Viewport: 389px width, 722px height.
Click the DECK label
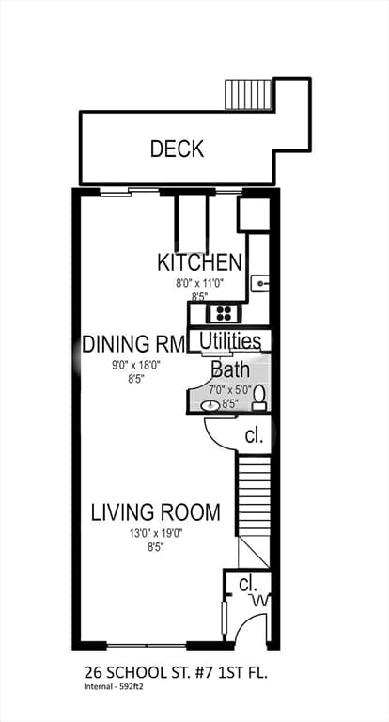click(178, 149)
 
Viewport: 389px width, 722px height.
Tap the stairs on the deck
click(248, 94)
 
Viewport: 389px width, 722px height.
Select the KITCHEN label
click(199, 262)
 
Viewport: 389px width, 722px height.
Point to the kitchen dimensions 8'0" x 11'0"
click(200, 283)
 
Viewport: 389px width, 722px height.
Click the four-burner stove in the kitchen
click(224, 314)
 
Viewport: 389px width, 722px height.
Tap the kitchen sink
click(259, 283)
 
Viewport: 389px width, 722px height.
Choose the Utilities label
click(230, 341)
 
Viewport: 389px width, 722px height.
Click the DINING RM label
click(133, 344)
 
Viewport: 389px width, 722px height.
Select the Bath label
click(230, 369)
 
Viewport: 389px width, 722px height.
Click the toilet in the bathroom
click(259, 398)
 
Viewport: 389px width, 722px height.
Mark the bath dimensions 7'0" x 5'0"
click(230, 390)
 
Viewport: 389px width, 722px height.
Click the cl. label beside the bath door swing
click(254, 435)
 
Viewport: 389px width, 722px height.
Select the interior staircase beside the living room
click(253, 495)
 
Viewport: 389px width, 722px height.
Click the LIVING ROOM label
click(156, 512)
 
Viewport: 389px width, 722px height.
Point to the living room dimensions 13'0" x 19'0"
click(156, 534)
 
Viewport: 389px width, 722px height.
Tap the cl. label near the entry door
click(249, 585)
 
